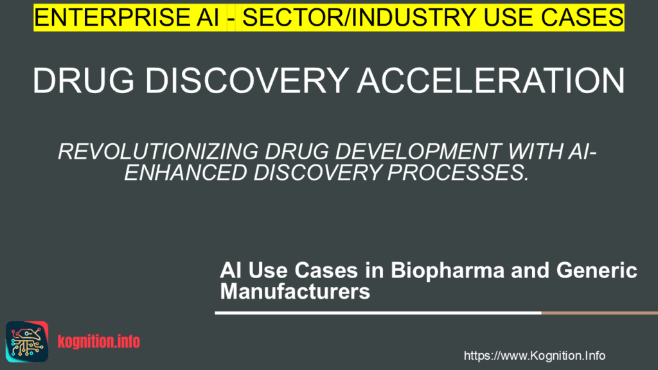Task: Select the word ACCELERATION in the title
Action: (x=488, y=81)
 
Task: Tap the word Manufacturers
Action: (x=295, y=292)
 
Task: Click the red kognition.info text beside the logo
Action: (x=98, y=342)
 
